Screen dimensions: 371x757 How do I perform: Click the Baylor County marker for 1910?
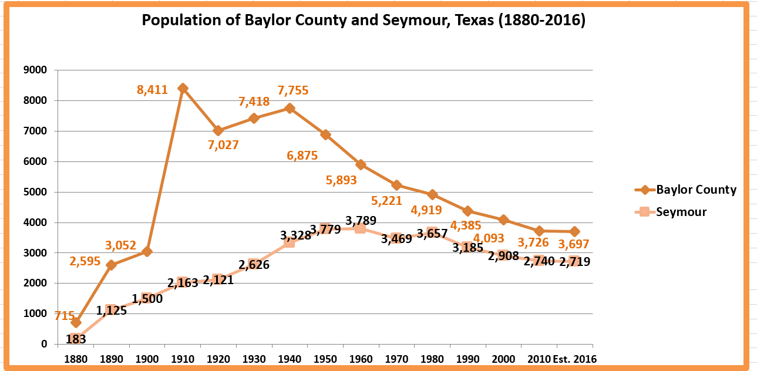click(x=183, y=88)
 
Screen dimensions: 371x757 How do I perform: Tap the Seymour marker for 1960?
click(x=361, y=228)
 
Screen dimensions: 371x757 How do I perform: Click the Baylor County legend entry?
click(x=696, y=190)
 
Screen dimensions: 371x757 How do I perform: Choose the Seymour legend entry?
click(x=681, y=212)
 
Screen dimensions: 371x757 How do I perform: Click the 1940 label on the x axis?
click(x=289, y=358)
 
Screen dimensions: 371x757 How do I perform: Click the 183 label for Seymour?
click(x=76, y=339)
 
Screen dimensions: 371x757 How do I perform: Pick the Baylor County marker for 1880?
click(x=76, y=322)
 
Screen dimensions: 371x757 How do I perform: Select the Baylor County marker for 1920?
click(x=218, y=130)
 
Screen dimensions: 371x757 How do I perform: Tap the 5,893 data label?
click(x=341, y=180)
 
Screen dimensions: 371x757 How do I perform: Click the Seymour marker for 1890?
click(x=112, y=309)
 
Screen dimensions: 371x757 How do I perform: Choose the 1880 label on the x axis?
click(x=76, y=358)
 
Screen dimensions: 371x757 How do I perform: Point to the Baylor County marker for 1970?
click(x=396, y=185)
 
